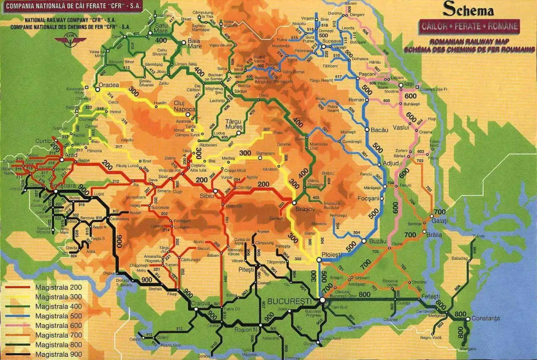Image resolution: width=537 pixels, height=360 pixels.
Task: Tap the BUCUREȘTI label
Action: coord(289,301)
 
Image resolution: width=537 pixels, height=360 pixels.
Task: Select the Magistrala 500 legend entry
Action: coord(58,316)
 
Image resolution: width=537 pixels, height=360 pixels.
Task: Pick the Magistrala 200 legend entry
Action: coord(58,287)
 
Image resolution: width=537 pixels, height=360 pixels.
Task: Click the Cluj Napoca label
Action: coord(185,106)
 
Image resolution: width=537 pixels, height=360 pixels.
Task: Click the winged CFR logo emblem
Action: coord(70,40)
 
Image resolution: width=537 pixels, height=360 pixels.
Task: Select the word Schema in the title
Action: coord(468,10)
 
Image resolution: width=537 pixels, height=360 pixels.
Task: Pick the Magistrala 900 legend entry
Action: coord(58,355)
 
